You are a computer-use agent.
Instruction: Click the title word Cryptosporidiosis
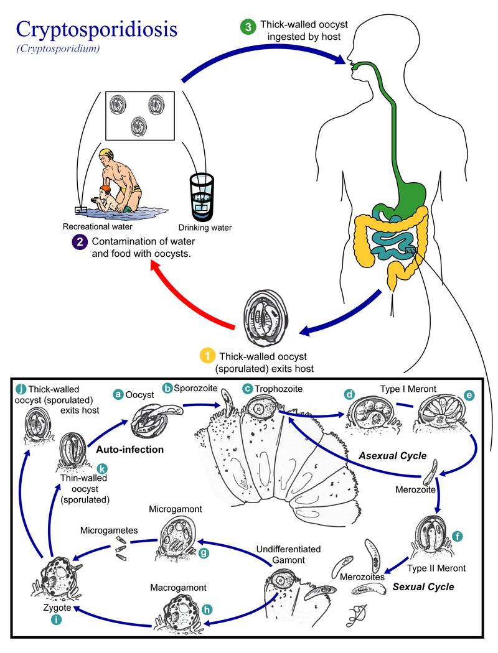[x=96, y=29]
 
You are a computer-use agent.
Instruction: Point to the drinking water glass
[x=200, y=195]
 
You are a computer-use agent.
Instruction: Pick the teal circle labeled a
[x=118, y=394]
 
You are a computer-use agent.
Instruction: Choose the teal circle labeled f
[x=458, y=535]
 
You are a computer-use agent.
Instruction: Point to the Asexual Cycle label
[x=392, y=456]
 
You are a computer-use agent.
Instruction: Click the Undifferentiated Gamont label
[x=288, y=555]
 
